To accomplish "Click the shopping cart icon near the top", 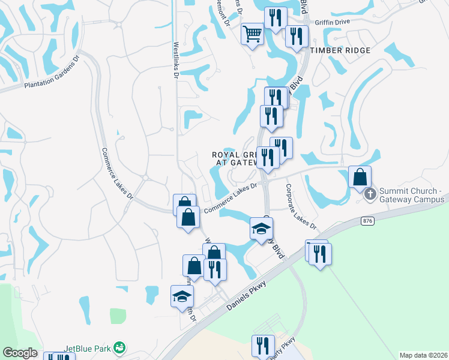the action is [253, 33].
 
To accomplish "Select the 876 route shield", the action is [367, 221].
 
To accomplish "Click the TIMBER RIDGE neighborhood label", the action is [340, 50].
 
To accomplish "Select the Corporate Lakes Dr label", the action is [300, 206].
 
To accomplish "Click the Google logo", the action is [19, 353].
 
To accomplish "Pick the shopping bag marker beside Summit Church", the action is [360, 178].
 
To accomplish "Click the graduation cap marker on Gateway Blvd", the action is [262, 229].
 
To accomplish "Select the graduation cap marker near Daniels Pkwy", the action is [182, 296].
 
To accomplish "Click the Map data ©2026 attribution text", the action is [423, 355].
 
